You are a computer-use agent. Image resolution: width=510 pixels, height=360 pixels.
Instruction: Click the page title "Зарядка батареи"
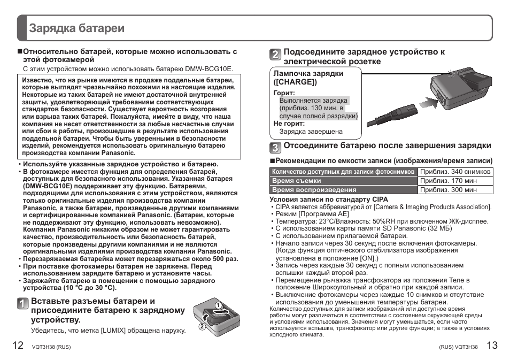tap(77, 28)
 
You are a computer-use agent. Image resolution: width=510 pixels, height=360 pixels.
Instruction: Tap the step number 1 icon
tap(21, 304)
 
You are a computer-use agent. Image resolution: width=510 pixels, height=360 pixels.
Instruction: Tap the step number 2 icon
tap(275, 55)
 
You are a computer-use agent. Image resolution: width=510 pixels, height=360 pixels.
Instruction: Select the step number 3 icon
tap(275, 148)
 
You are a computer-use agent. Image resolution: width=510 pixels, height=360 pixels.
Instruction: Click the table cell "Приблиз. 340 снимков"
tap(455, 172)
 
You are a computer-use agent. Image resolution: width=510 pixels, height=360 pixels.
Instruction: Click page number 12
tap(18, 346)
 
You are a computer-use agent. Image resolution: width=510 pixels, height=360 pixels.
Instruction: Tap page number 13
tap(492, 346)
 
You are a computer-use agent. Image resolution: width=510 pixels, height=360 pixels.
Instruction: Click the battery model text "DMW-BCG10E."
tap(209, 69)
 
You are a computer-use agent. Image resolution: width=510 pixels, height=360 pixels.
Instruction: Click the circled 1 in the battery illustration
tap(218, 305)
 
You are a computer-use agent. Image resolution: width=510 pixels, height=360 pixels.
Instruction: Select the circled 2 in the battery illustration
tap(203, 327)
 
